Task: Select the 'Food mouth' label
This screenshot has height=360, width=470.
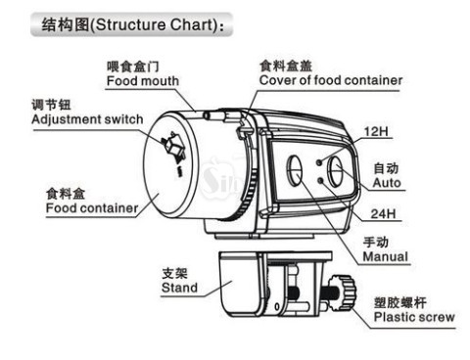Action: pos(143,81)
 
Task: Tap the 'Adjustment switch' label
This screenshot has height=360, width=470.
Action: pos(87,119)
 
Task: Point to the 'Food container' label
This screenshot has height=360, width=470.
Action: pos(92,208)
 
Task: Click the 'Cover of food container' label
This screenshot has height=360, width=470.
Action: pos(331,80)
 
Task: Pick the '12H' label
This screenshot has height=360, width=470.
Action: pos(376,131)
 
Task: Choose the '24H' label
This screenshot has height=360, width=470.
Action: pos(383,214)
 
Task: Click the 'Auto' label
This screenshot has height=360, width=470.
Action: pos(387,183)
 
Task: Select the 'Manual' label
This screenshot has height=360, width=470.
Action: pos(386,256)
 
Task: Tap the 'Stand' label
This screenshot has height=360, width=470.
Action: pos(179,288)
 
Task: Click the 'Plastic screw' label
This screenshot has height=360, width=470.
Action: pos(414,317)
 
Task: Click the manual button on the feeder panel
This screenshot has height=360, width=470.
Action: pos(295,170)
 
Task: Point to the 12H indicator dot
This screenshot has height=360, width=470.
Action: pos(320,161)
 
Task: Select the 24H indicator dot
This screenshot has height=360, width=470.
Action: pos(320,180)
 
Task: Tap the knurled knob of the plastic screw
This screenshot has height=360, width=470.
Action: pos(343,292)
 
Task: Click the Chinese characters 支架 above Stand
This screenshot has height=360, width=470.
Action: pos(174,273)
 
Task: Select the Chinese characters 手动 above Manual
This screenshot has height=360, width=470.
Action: pos(376,243)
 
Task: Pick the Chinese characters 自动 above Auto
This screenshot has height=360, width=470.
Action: pos(386,168)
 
